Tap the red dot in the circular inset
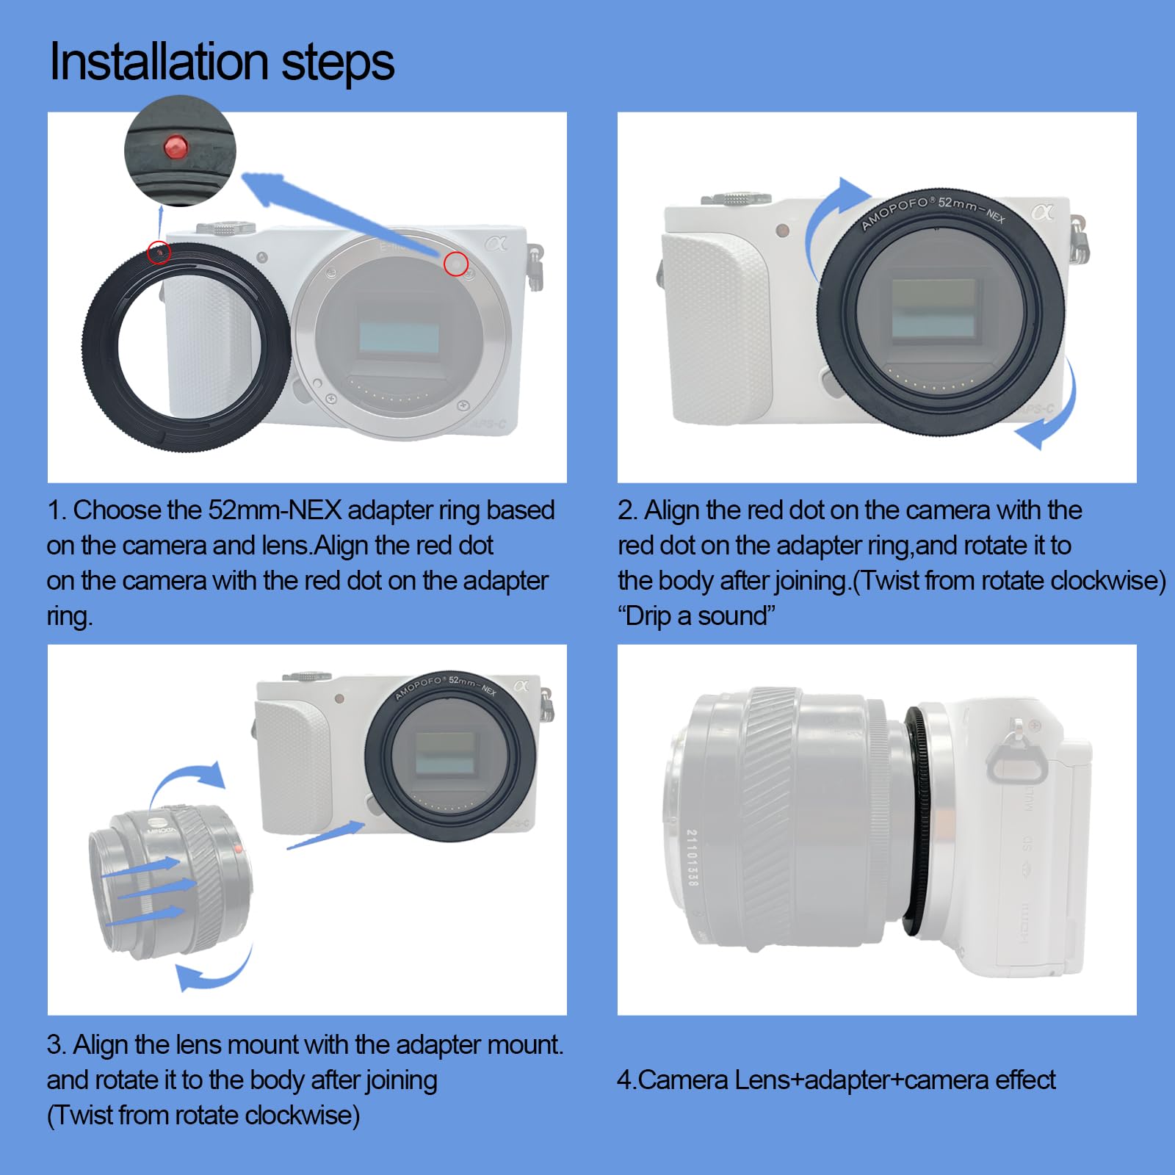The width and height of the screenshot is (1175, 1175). pos(176,146)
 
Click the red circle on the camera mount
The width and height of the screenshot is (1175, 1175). pos(456,264)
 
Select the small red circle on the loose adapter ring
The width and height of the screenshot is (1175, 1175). pos(159,253)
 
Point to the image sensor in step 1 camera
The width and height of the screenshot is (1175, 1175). pos(399,337)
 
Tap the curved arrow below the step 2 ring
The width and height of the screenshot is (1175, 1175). pos(1054,411)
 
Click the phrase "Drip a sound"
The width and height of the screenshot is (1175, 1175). pos(696,615)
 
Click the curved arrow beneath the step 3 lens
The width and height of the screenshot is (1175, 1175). pos(213,973)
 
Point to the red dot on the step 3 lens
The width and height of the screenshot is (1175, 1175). pos(238,849)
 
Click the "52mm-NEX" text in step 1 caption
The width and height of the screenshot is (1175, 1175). pos(275,510)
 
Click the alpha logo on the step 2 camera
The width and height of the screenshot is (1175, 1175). pos(1042,213)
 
